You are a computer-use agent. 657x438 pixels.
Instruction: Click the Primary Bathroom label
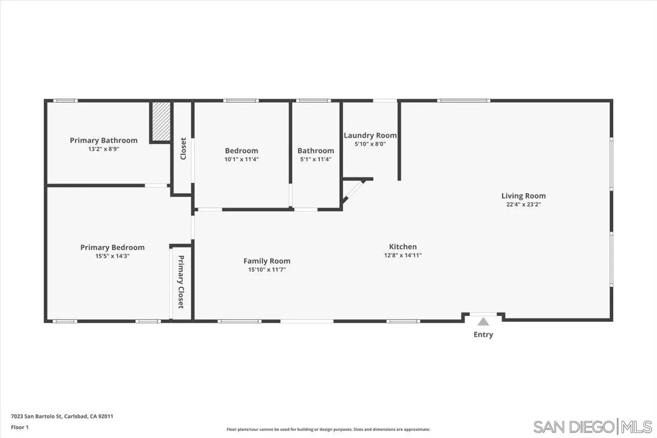104,140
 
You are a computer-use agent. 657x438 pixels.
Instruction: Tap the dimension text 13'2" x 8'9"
104,149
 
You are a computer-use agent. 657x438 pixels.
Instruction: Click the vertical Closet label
183,148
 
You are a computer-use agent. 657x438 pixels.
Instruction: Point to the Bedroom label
241,150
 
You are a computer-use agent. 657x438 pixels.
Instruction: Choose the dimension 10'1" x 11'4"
241,159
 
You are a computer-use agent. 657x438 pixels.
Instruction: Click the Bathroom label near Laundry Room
316,150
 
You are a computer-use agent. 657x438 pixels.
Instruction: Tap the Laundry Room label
370,136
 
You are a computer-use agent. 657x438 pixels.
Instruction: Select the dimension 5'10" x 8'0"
370,144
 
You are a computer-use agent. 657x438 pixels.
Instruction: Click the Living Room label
524,196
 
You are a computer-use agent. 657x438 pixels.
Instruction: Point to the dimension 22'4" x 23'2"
524,204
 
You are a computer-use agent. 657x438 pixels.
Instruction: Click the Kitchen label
403,246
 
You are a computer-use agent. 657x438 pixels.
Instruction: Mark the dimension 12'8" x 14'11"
403,255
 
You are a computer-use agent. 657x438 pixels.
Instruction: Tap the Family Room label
267,261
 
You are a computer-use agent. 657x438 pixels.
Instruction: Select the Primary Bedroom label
112,247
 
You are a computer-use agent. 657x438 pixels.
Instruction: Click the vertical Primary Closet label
181,282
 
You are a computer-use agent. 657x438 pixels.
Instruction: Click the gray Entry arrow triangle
483,322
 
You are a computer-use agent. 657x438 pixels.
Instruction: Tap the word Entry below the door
483,335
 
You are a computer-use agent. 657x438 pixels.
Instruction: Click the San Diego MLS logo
592,427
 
